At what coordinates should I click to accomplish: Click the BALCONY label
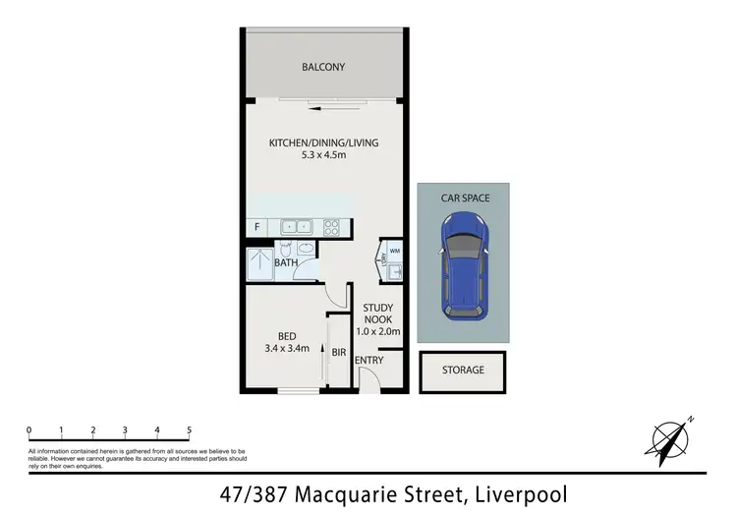[323, 67]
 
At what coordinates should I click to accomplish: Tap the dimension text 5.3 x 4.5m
[323, 155]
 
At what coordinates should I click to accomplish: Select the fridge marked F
[256, 228]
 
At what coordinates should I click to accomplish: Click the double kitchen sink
[296, 227]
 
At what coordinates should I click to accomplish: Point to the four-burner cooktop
[332, 227]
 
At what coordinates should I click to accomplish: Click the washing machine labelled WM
[394, 252]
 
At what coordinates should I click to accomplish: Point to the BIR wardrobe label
[337, 351]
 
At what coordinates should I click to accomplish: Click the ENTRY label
[369, 361]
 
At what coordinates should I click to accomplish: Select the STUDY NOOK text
[378, 314]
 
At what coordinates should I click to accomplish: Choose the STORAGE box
[463, 371]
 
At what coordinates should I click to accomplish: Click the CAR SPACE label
[464, 198]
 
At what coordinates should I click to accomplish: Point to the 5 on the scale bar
[189, 430]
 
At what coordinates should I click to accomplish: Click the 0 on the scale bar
[29, 430]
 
